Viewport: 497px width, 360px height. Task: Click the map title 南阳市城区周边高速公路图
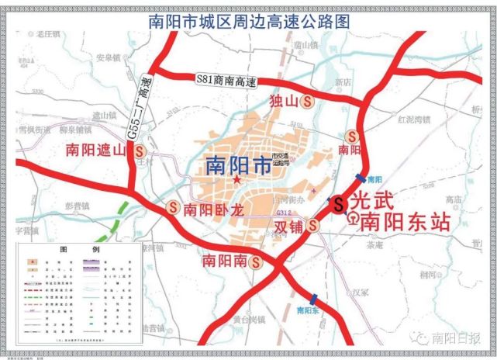coord(248,21)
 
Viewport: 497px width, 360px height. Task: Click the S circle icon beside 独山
coord(308,101)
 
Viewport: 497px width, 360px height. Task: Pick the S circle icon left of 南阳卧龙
coord(173,208)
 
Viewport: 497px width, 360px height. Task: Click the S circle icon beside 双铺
coord(312,226)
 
